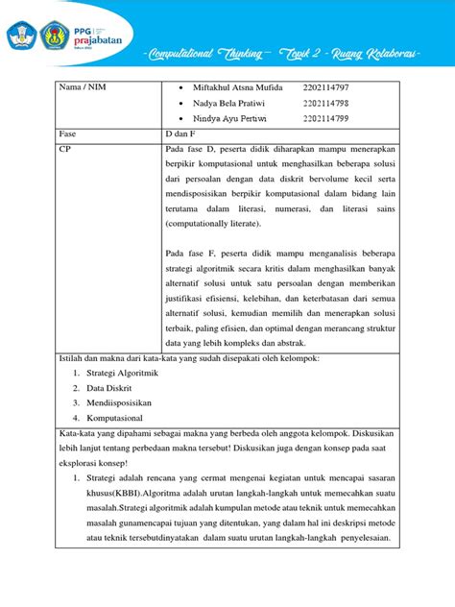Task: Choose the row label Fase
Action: [x=69, y=135]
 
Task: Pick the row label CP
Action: [x=66, y=151]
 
